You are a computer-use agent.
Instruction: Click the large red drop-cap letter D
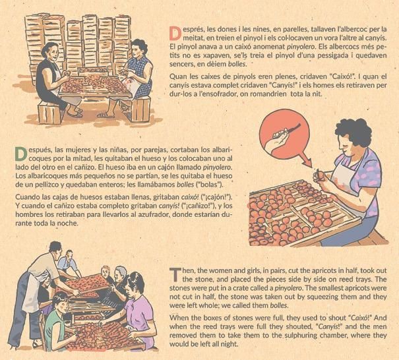[175, 34]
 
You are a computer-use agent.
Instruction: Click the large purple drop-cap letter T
[175, 275]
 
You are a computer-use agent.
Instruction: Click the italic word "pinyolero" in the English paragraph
[289, 288]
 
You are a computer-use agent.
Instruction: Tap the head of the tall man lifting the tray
[55, 249]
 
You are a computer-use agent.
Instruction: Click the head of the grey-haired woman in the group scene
[121, 274]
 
